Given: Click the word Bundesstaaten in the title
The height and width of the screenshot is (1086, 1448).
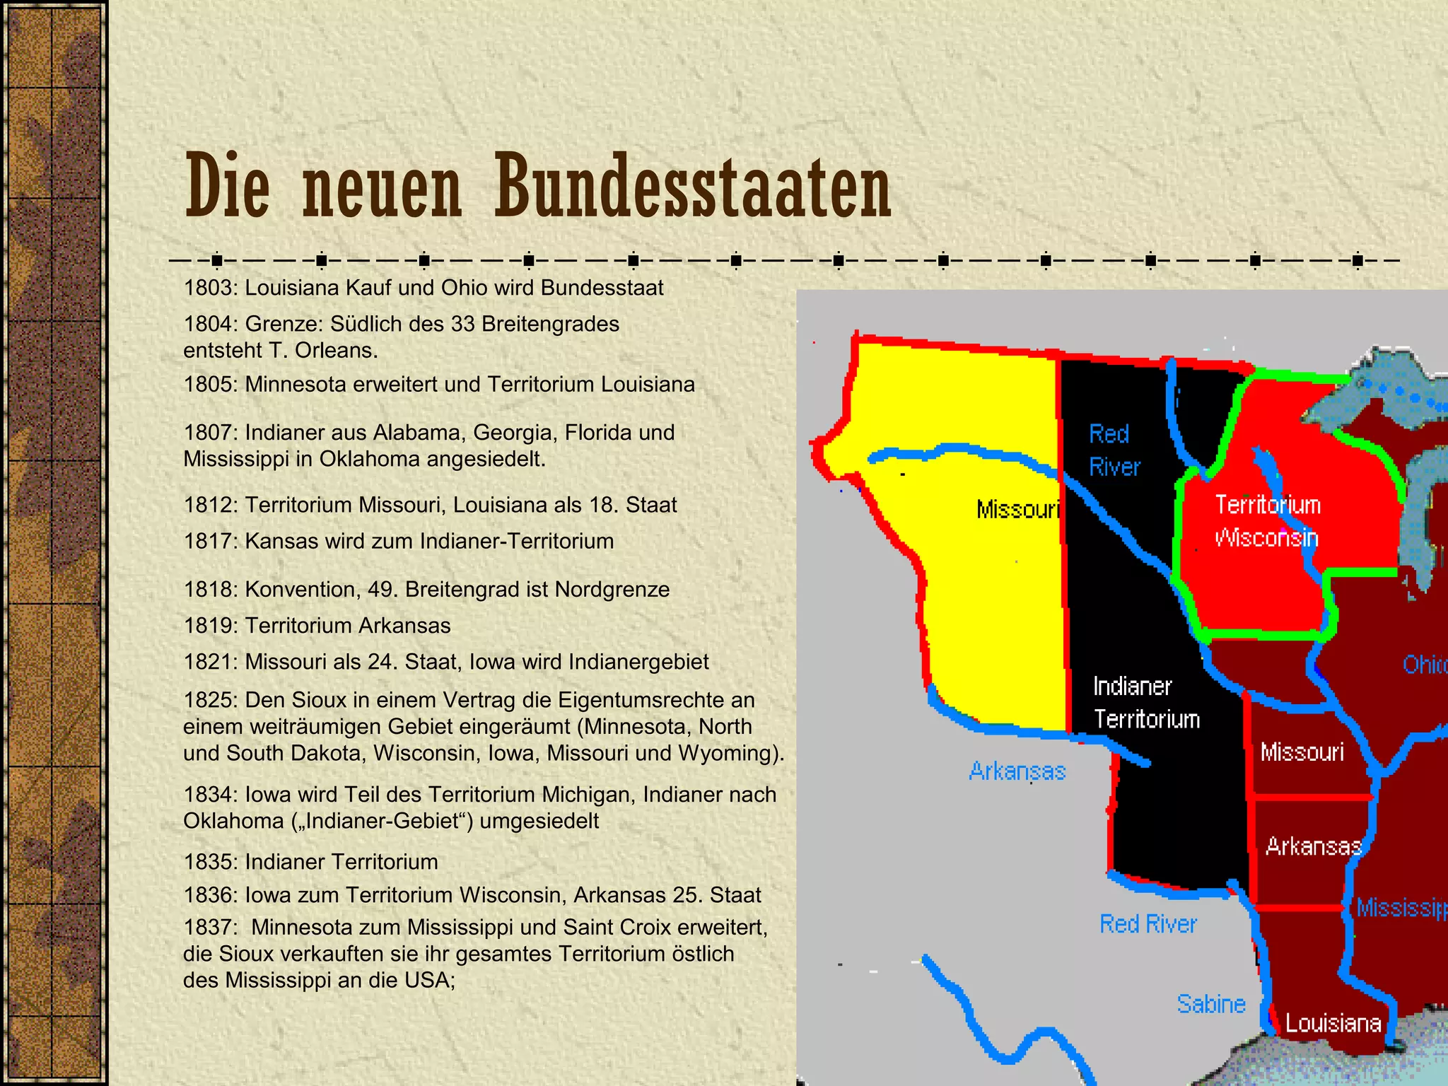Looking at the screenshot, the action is coord(692,187).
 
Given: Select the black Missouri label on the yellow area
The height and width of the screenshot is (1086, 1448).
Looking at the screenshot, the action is coord(1017,509).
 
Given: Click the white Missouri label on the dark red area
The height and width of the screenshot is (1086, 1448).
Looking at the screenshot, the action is coord(1302,752).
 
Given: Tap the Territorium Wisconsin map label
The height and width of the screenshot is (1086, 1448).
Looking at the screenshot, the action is coord(1267,521).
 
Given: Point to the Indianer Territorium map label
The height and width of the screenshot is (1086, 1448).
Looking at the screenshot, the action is coord(1146,702).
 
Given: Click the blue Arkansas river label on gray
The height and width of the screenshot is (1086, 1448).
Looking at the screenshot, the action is coord(1017,771).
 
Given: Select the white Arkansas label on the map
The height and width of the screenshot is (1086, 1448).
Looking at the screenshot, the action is coord(1313,846).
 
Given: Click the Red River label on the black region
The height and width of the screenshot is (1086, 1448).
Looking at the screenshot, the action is coord(1114,450).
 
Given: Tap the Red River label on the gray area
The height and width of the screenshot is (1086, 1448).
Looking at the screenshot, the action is coord(1148,924).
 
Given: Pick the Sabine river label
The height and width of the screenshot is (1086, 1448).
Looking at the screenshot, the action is coord(1210,1004).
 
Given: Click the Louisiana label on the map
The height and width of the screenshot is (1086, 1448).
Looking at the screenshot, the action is coord(1333,1023).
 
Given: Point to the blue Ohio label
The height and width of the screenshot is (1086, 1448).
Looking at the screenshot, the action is coord(1424,665).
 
